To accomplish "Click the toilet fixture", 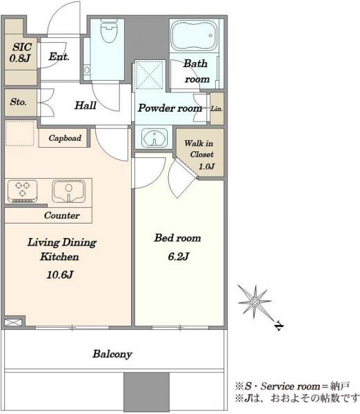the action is pyautogui.click(x=109, y=32).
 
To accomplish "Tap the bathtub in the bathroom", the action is pyautogui.click(x=194, y=36).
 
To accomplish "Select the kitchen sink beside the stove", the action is pyautogui.click(x=69, y=191).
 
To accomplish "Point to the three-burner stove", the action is pyautogui.click(x=23, y=191).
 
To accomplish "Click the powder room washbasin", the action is pyautogui.click(x=154, y=137).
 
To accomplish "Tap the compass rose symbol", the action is pyautogui.click(x=254, y=302).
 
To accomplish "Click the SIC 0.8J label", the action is pyautogui.click(x=21, y=52).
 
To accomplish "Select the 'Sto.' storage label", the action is pyautogui.click(x=19, y=101).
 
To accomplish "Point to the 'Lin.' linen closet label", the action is pyautogui.click(x=217, y=108).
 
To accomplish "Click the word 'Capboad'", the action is pyautogui.click(x=65, y=138).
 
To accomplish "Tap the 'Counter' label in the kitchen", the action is pyautogui.click(x=62, y=215).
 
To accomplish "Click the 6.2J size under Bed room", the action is pyautogui.click(x=179, y=256).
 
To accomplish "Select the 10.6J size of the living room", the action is pyautogui.click(x=60, y=275).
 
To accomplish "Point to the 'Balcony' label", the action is pyautogui.click(x=112, y=354).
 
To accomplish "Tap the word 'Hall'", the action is pyautogui.click(x=86, y=106).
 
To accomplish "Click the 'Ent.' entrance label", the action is pyautogui.click(x=59, y=57).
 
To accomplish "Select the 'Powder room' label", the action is pyautogui.click(x=170, y=108).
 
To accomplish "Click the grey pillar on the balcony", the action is pyautogui.click(x=146, y=391).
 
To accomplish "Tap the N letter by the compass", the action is pyautogui.click(x=279, y=326).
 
